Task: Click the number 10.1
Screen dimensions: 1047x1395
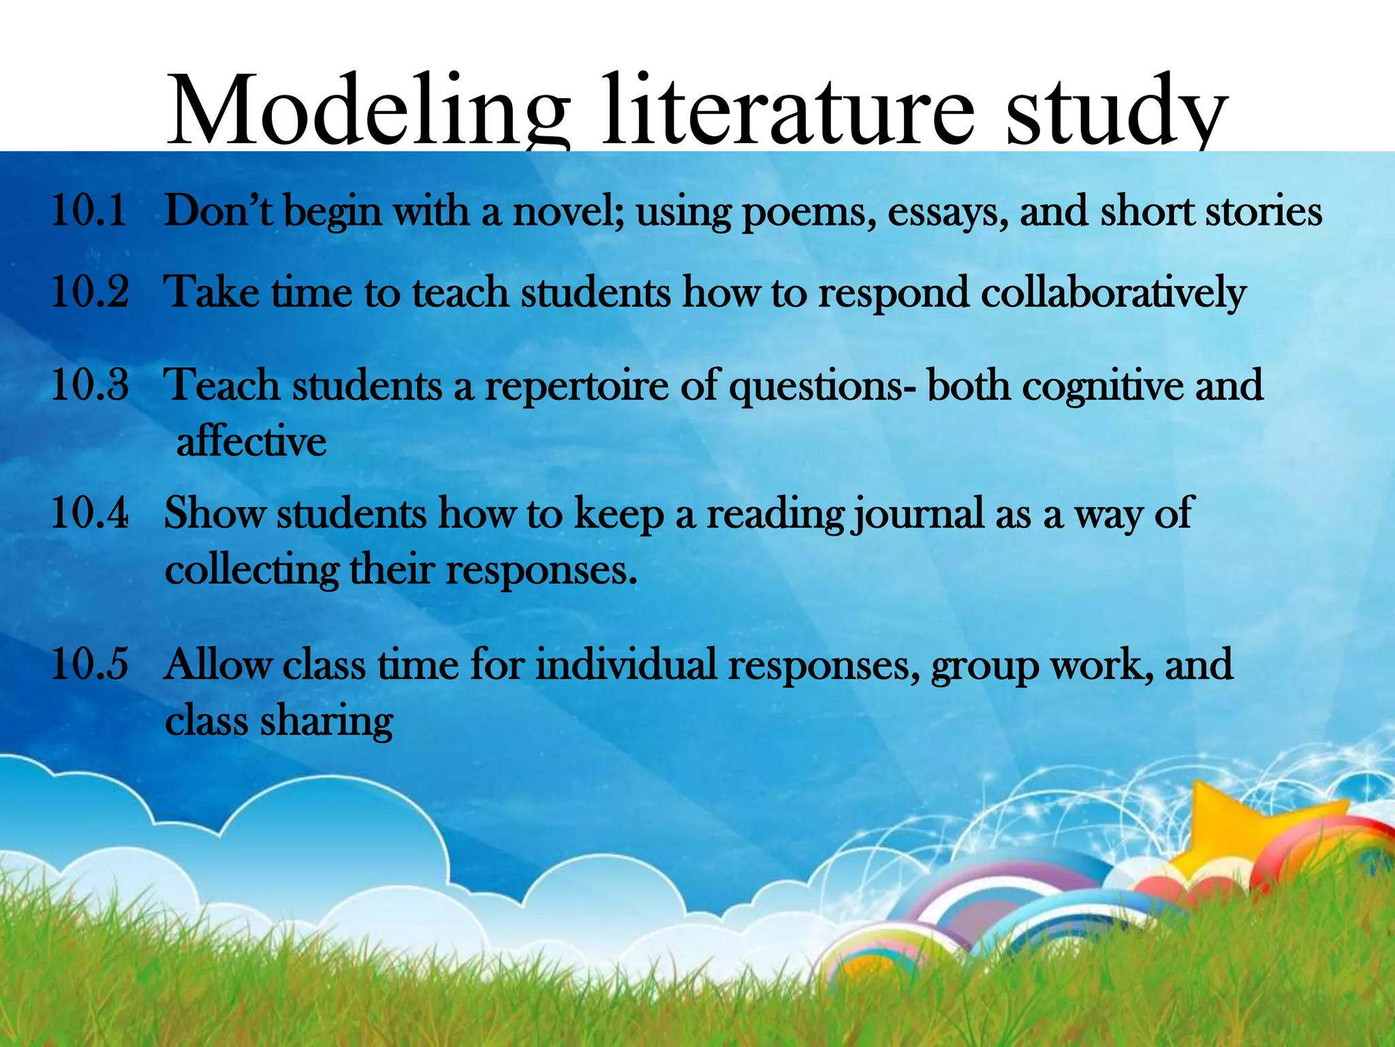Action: [89, 210]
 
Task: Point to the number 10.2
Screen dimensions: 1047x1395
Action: [89, 292]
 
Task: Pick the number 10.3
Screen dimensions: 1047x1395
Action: [89, 384]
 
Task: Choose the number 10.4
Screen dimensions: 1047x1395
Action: [89, 513]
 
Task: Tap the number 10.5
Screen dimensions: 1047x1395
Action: [89, 664]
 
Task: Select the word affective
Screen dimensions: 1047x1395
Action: [251, 441]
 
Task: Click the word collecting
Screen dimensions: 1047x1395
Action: [252, 570]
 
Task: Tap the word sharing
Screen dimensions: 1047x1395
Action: [327, 721]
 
